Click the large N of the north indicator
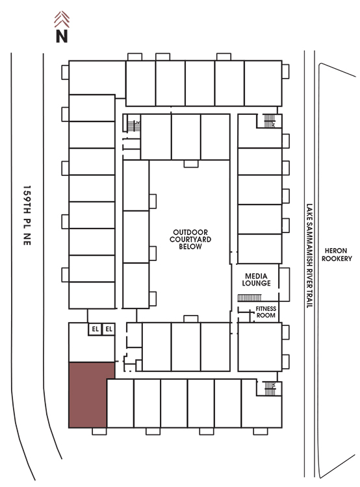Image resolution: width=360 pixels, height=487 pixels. (x=62, y=36)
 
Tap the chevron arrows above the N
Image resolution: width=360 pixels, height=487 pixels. (x=62, y=19)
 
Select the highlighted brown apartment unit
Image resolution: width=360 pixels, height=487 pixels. (x=88, y=395)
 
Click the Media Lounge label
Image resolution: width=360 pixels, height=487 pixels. (x=256, y=279)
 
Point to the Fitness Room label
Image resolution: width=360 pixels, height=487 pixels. (x=266, y=312)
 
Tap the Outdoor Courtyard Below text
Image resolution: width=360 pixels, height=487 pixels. (x=190, y=239)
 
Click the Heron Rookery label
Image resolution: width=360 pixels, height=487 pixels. (x=337, y=255)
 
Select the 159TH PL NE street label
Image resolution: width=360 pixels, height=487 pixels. (x=27, y=216)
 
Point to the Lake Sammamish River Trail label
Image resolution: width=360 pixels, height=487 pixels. (x=309, y=256)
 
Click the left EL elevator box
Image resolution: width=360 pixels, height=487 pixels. (x=95, y=329)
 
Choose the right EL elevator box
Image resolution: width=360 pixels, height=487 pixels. (x=109, y=329)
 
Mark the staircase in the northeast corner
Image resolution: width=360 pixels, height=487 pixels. (x=270, y=121)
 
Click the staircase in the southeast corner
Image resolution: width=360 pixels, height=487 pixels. (x=270, y=388)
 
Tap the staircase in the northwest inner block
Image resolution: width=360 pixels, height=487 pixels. (x=134, y=126)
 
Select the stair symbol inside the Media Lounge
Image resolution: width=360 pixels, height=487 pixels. (x=250, y=298)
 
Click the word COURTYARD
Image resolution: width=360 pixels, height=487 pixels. (x=190, y=239)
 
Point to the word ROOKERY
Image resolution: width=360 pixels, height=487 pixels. (x=337, y=258)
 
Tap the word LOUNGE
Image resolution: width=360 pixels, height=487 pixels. (x=256, y=283)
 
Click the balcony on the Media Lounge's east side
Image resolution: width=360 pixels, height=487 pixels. (x=284, y=284)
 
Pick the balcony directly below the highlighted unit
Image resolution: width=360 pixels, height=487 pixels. (x=99, y=431)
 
